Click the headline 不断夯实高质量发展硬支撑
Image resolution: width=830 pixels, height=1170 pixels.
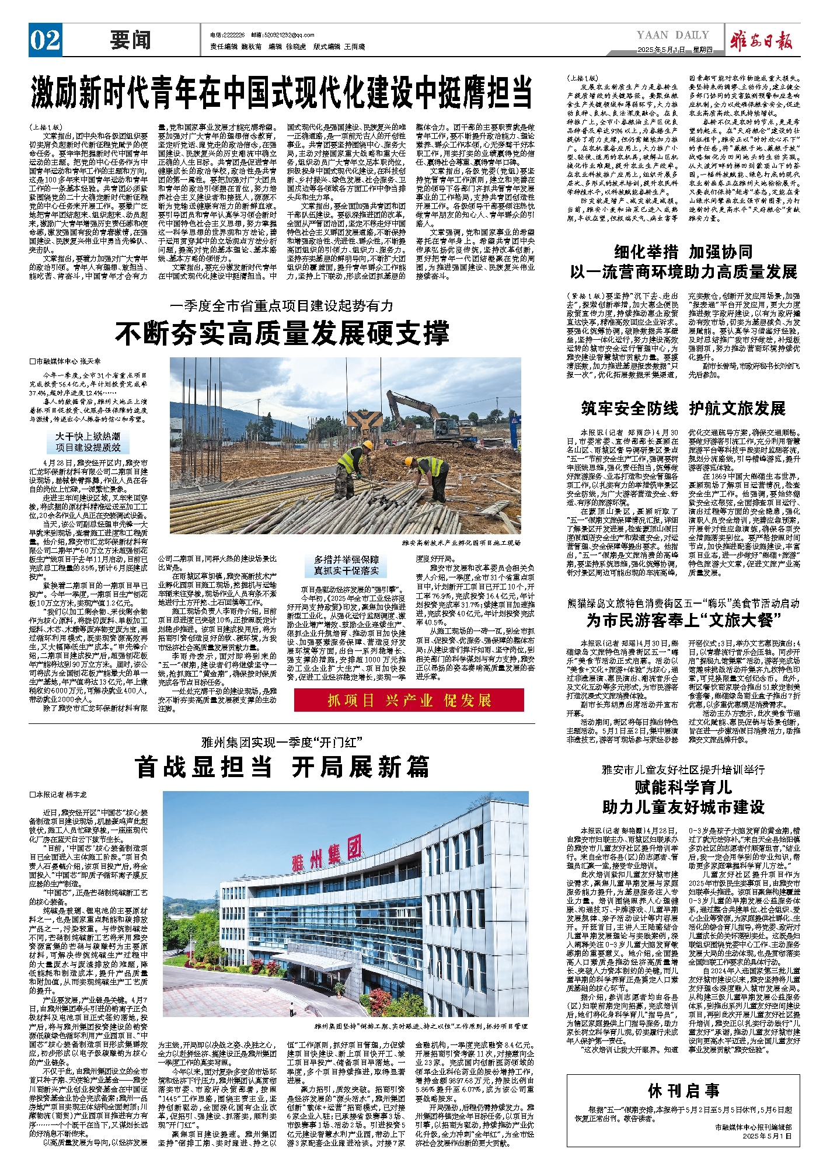point(282,333)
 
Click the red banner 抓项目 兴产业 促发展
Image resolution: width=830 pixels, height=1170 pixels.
point(409,700)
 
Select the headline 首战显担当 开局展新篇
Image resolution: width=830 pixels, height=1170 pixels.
point(282,767)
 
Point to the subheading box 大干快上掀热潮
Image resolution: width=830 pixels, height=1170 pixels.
point(88,442)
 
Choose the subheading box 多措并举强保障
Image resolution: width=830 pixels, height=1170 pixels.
point(347,565)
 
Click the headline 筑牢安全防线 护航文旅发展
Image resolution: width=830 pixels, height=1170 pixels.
point(683,408)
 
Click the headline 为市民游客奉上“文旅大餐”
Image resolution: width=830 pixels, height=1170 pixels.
point(683,620)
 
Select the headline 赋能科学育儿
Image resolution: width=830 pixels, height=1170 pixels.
point(683,788)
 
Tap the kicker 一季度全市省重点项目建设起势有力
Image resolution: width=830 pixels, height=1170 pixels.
point(282,305)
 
